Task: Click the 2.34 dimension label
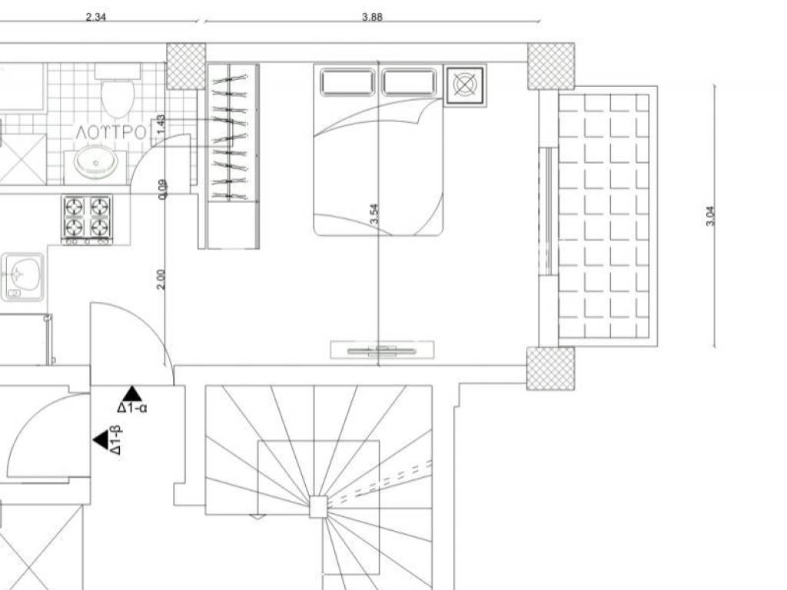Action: click(x=96, y=17)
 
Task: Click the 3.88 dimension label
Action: click(x=372, y=17)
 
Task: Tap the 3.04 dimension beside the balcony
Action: click(x=710, y=216)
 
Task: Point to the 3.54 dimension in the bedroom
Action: click(x=374, y=214)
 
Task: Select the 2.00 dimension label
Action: click(x=161, y=280)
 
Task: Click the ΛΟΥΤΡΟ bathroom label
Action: click(x=111, y=132)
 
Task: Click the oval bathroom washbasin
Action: click(x=95, y=161)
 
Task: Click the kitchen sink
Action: click(x=22, y=277)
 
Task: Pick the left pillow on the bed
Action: click(x=347, y=83)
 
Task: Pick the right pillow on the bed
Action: click(x=409, y=83)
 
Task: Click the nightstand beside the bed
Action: click(x=465, y=85)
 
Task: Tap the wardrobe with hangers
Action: click(x=234, y=155)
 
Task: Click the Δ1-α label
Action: click(x=132, y=407)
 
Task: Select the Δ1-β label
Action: click(x=115, y=440)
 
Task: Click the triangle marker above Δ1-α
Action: click(x=132, y=393)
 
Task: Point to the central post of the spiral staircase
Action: click(x=317, y=506)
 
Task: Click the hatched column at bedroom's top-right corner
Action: click(x=550, y=66)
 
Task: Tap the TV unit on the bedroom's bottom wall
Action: click(x=382, y=350)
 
